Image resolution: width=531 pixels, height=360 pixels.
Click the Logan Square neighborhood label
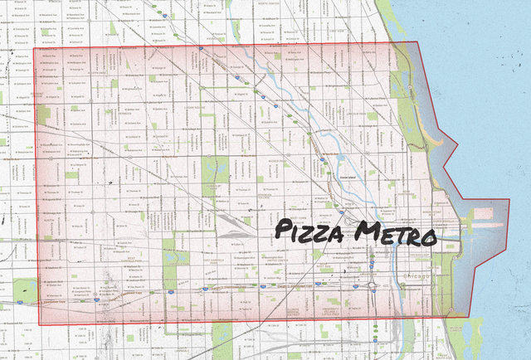pos(200,108)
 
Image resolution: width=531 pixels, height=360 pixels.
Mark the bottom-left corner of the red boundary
pos(40,325)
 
